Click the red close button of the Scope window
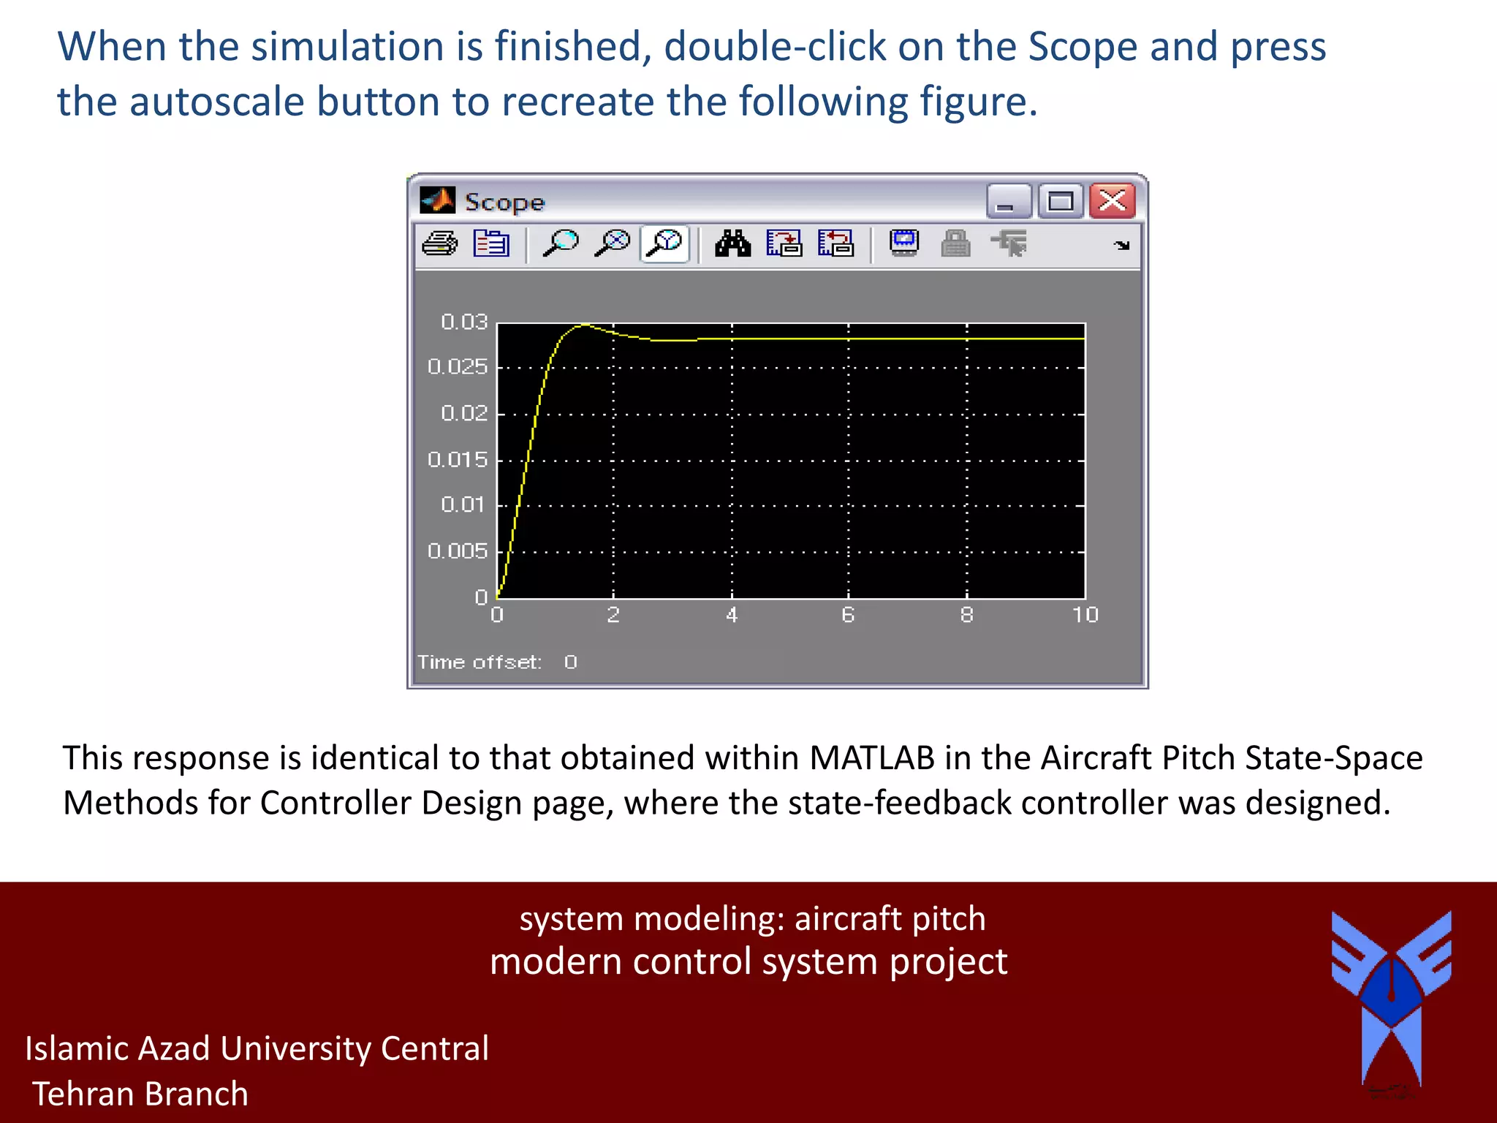1112,200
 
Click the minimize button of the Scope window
1008,201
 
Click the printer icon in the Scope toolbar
440,243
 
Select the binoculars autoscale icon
732,243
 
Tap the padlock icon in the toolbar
955,243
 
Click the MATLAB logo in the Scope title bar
437,200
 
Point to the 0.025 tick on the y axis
458,366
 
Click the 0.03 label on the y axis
464,322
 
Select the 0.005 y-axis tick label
458,551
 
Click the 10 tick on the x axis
1085,615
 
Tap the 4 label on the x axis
732,615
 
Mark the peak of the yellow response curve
584,325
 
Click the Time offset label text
480,662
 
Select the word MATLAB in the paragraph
871,758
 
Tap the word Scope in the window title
504,203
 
